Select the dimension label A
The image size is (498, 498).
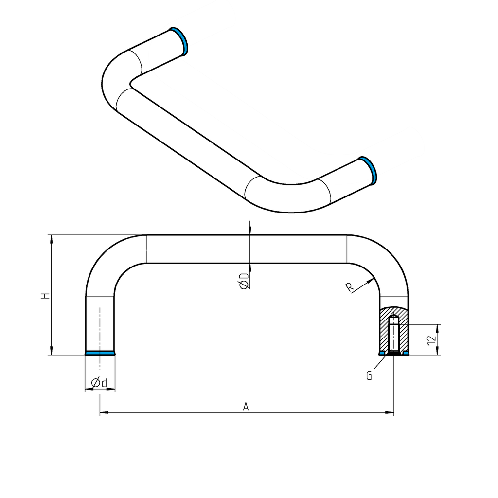246,406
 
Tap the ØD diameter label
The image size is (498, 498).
244,281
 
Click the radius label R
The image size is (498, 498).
350,287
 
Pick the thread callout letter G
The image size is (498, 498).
369,375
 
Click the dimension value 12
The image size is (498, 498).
430,339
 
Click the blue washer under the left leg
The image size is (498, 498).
100,353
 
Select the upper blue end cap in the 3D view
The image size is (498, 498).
179,40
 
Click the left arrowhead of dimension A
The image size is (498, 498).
103,413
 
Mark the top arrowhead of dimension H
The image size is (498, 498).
51,238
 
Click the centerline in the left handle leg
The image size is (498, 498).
100,331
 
